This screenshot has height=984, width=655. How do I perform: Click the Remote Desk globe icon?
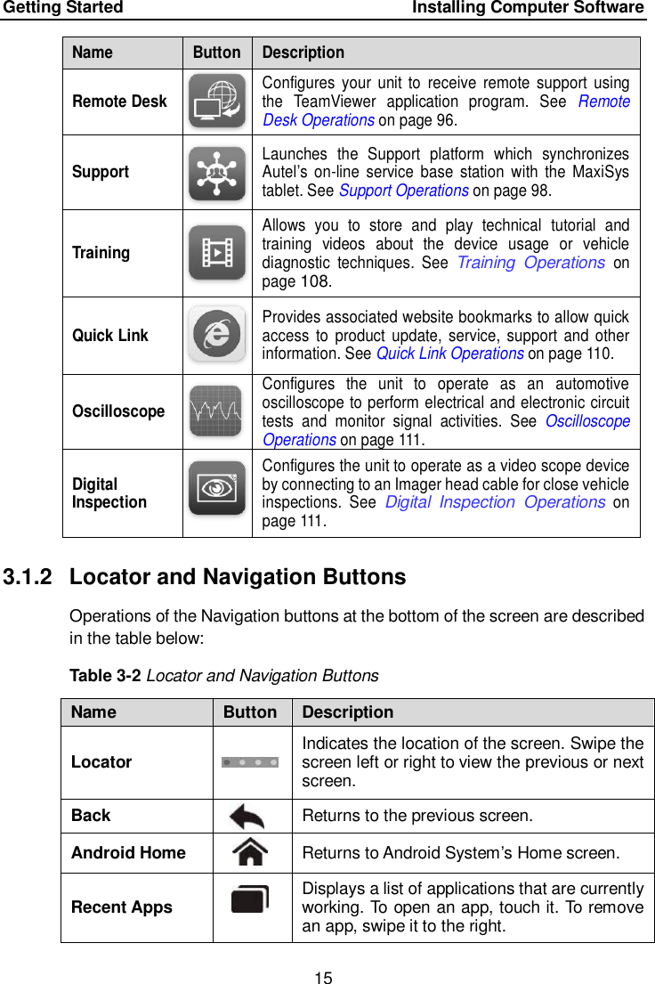217,101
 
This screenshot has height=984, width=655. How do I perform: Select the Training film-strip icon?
217,253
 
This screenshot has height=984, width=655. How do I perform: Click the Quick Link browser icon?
217,334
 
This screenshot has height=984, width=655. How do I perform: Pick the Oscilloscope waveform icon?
216,411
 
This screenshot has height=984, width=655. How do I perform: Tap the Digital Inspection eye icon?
217,488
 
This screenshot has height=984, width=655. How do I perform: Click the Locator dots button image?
251,762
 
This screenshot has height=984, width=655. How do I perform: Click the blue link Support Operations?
404,190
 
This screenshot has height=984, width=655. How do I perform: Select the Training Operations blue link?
530,263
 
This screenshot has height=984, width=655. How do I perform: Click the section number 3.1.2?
30,577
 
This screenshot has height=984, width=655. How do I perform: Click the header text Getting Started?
62,8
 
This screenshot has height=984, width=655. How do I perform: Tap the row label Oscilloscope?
118,411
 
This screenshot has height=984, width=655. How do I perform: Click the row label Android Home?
128,853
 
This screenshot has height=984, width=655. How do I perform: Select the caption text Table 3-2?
105,676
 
